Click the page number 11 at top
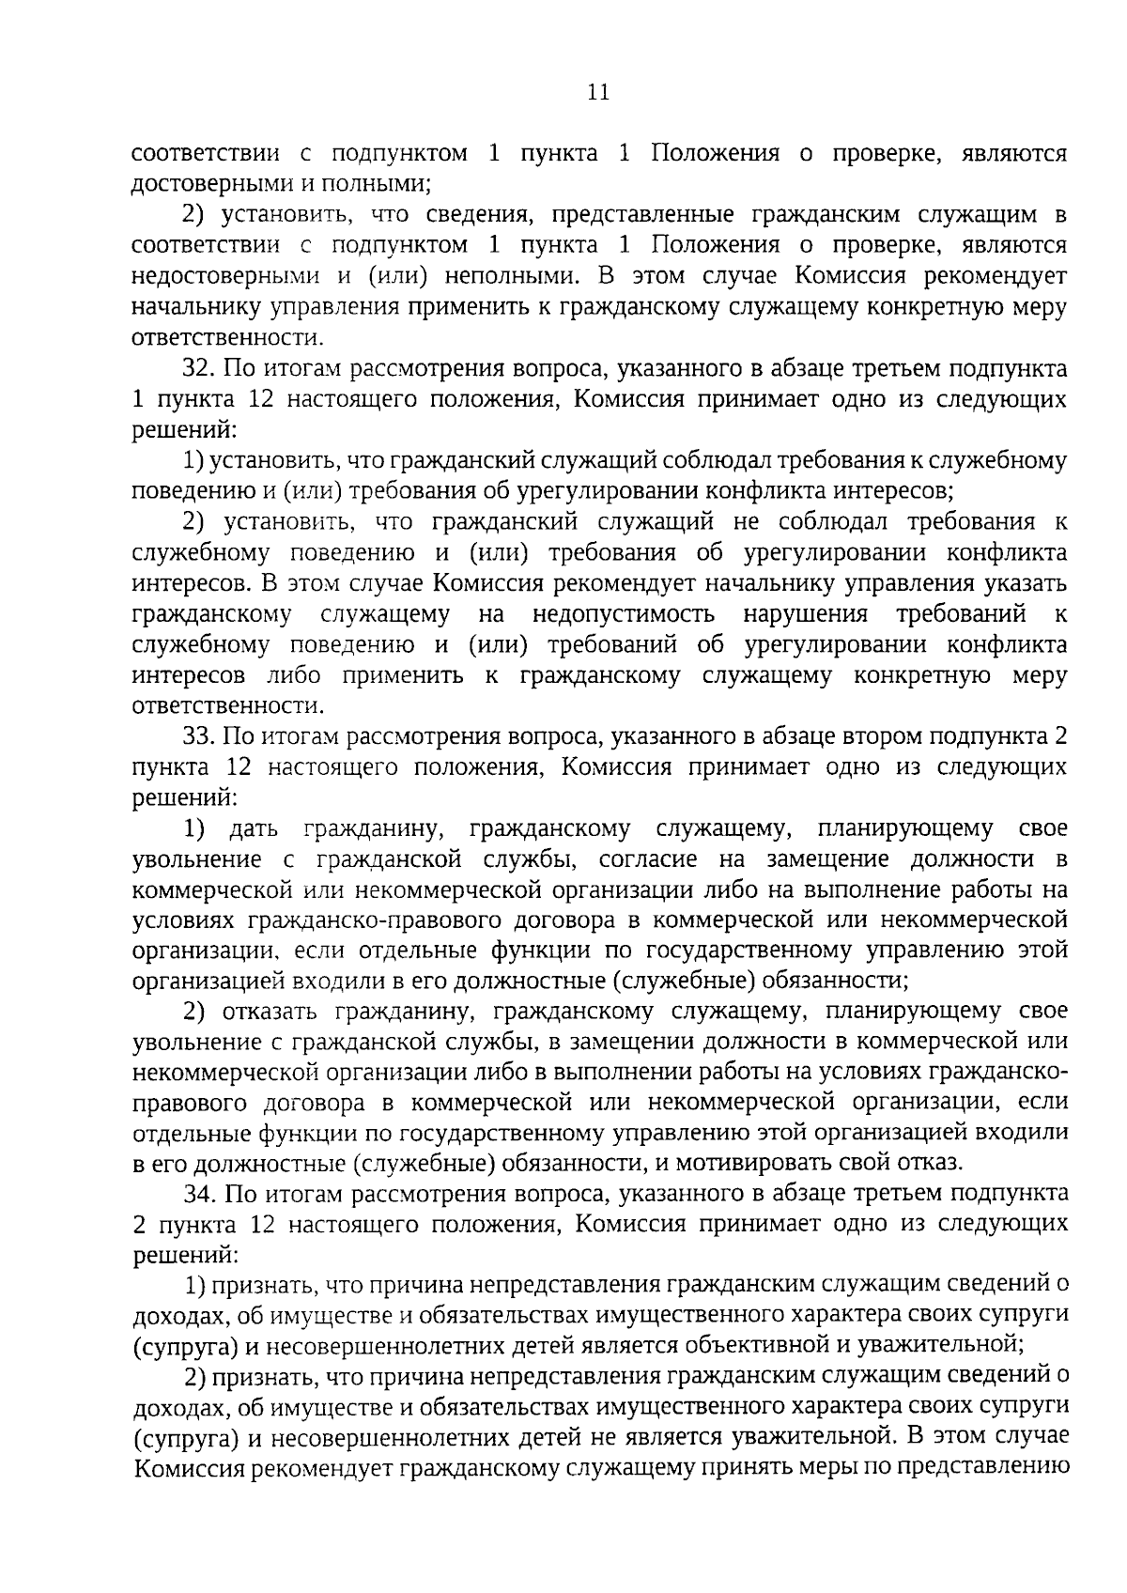[x=598, y=92]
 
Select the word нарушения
[x=804, y=614]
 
